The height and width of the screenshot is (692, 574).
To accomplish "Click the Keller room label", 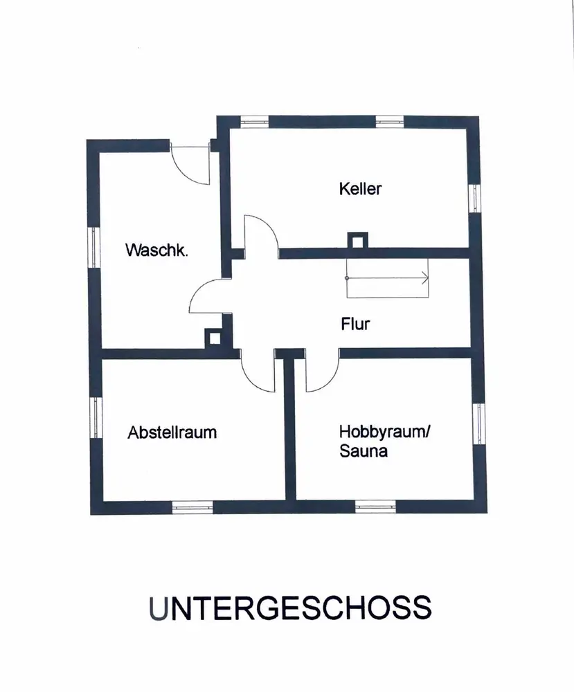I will (x=360, y=188).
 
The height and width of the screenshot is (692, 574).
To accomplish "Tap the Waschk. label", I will (x=156, y=251).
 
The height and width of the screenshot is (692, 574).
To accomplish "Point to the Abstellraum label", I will (x=172, y=432).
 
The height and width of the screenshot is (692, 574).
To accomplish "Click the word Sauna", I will (x=363, y=452).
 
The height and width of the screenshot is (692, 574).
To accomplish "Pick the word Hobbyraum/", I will (x=385, y=432).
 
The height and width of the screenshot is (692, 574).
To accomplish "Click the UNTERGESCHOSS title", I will (x=289, y=608).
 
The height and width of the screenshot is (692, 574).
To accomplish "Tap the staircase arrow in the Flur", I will (x=388, y=277).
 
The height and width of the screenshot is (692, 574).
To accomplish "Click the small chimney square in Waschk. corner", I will (x=214, y=337).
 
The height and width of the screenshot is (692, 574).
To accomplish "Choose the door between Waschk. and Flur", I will (x=210, y=301).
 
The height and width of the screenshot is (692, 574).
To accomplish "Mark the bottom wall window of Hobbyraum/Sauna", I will (x=375, y=506).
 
